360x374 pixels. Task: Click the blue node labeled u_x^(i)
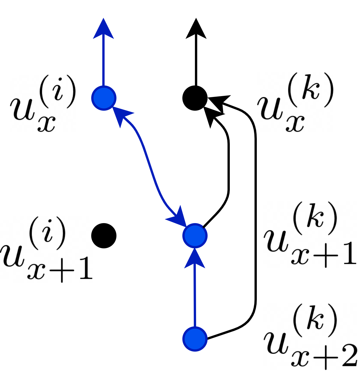point(104,98)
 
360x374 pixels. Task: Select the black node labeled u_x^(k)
point(195,98)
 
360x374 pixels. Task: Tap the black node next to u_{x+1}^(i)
point(104,235)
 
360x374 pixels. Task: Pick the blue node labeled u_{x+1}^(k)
point(195,235)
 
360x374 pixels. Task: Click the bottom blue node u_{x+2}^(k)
point(195,339)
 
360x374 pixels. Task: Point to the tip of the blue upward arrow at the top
point(103,20)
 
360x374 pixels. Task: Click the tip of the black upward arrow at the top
point(196,20)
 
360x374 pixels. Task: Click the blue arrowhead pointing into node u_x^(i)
point(120,115)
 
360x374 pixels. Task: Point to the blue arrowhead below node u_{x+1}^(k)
point(195,258)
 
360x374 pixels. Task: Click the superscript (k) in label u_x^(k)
point(311,90)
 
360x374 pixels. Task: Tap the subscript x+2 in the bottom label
point(324,356)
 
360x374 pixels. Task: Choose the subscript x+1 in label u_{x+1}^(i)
point(60,268)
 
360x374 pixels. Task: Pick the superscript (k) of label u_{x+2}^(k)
point(314,321)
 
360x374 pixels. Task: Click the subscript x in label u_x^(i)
point(46,123)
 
